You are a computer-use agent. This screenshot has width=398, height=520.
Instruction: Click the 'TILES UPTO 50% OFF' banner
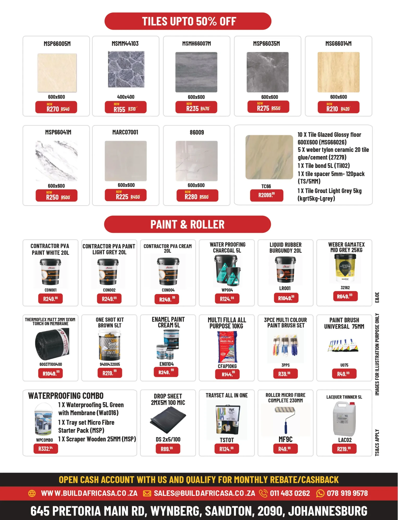point(188,21)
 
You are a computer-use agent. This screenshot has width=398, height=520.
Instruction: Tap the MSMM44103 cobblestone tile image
point(126,69)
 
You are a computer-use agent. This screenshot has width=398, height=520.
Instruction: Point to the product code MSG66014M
point(338,44)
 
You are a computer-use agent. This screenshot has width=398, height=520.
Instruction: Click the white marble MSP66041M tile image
point(56,161)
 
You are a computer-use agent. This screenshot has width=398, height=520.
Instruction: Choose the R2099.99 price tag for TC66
point(266,195)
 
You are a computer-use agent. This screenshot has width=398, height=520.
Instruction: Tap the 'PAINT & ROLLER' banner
point(187,224)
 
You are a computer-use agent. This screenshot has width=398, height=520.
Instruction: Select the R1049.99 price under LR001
point(286,298)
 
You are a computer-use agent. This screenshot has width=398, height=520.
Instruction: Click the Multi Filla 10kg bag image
point(227,347)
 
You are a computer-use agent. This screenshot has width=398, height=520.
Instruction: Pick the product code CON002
point(109,290)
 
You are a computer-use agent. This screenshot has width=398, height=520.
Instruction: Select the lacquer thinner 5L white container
point(344,419)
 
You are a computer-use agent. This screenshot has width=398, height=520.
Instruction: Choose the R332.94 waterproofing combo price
point(46,449)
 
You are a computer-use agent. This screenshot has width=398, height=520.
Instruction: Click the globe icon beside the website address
point(32,493)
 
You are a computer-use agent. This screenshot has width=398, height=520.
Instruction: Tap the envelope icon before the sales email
point(147,493)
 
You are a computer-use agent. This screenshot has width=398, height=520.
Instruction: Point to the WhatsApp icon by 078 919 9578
point(320,493)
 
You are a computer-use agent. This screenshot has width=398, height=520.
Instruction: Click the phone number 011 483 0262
point(290,493)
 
